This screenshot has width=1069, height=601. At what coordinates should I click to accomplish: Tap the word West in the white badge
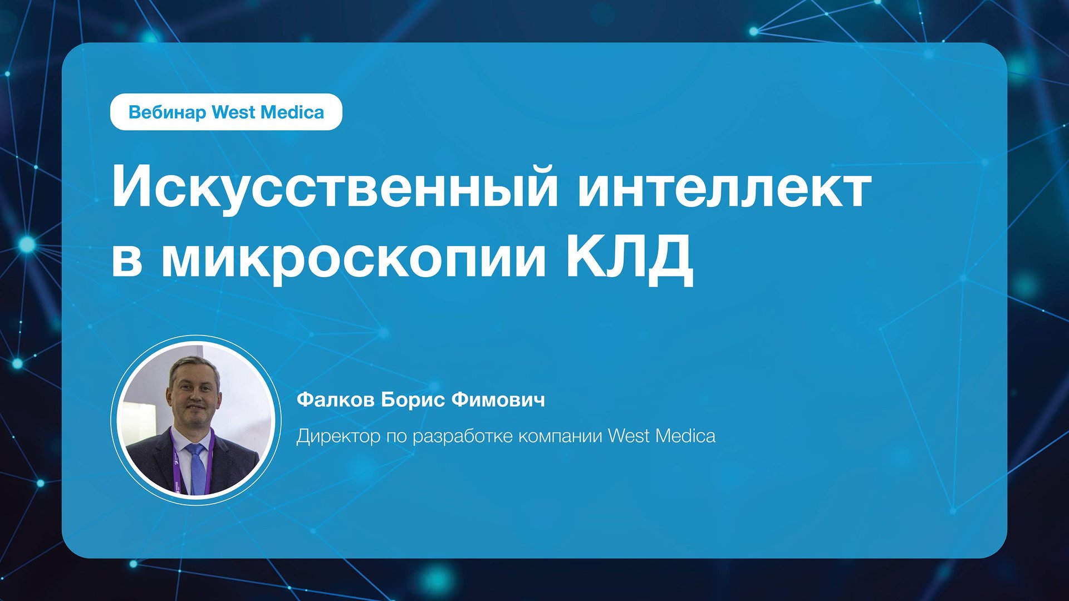(x=233, y=112)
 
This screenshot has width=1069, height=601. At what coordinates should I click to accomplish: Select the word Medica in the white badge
(x=292, y=112)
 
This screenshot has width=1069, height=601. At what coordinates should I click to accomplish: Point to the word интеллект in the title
(x=724, y=188)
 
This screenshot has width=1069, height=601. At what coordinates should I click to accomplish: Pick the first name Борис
(x=413, y=400)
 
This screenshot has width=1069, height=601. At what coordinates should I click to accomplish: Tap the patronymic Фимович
(x=498, y=400)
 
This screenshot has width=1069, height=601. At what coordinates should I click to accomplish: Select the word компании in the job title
(x=560, y=437)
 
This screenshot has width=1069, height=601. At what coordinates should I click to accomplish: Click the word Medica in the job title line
(x=685, y=436)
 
